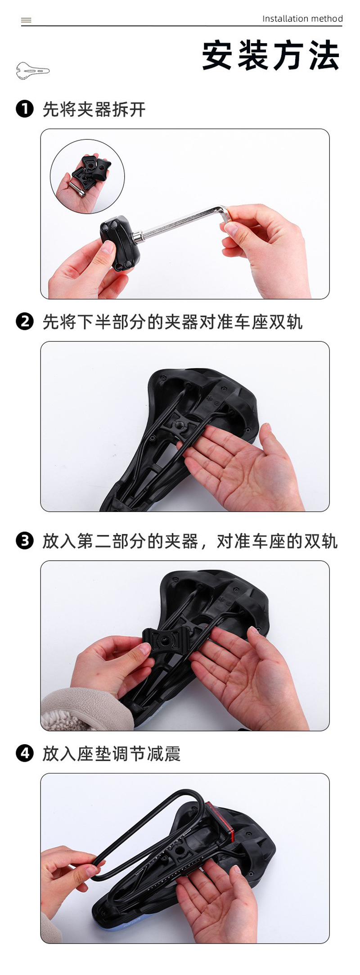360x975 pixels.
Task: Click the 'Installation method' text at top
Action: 302,18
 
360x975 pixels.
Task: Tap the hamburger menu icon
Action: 26,20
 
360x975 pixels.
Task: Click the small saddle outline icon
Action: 32,70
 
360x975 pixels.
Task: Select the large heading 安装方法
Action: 270,55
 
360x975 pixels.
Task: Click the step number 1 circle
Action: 25,109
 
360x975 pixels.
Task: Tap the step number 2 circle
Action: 25,321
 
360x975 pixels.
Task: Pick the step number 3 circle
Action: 25,540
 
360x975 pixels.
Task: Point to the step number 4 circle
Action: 25,753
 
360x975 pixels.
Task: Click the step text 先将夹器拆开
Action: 94,109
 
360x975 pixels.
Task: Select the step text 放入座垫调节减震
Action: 112,753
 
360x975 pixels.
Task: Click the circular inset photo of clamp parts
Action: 87,176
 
